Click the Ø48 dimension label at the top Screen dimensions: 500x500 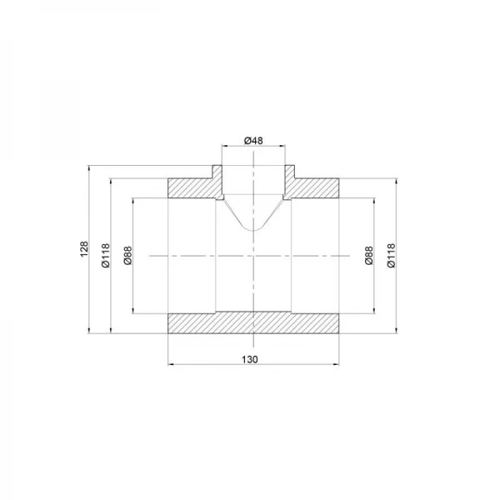tap(253, 141)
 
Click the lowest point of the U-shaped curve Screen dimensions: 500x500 tap(253, 232)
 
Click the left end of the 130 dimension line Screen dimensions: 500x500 tap(169, 364)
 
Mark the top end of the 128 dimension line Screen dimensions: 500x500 tap(90, 167)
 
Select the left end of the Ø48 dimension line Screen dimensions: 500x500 tap(222, 147)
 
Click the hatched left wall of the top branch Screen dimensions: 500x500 tap(216, 178)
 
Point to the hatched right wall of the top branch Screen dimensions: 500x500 tap(291, 178)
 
